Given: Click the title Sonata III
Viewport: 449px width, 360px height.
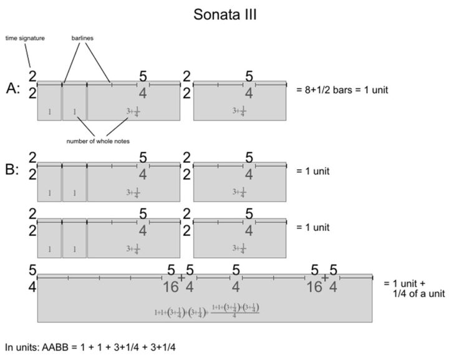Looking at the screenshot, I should point(224,14).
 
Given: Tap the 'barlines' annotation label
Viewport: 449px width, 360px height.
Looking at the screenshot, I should point(82,39).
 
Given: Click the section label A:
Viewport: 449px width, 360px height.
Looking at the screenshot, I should point(13,89).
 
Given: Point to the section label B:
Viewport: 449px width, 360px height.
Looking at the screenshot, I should point(13,170).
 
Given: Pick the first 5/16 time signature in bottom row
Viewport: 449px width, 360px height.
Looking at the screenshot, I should point(171,279).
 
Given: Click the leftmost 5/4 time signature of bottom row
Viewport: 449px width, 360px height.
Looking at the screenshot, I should point(32,279).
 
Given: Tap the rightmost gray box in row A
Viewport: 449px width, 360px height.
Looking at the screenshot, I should point(240,102).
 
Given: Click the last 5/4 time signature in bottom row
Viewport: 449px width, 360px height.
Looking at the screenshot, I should point(333,279).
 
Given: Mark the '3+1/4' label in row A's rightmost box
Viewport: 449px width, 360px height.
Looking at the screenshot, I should point(239,112).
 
